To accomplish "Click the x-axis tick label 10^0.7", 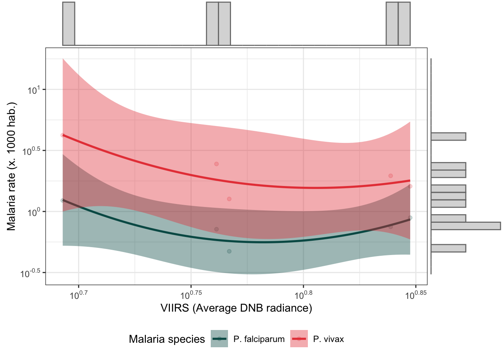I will click(79, 295).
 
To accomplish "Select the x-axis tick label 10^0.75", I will click(191, 295).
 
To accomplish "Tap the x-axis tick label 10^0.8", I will click(303, 295).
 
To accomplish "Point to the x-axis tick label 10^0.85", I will click(415, 295).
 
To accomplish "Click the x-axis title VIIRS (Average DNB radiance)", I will click(236, 308).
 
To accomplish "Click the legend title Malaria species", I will click(167, 339).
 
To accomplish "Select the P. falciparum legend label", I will click(259, 339).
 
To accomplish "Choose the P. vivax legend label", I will click(328, 339).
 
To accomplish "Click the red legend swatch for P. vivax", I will click(299, 339).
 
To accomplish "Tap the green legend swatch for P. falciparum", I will click(219, 339).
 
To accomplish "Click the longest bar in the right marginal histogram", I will click(465, 226).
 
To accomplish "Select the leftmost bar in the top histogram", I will click(69, 24).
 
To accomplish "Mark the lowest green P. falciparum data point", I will click(229, 251).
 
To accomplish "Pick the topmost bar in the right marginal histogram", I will click(448, 136).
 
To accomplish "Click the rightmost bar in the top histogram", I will click(404, 24).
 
